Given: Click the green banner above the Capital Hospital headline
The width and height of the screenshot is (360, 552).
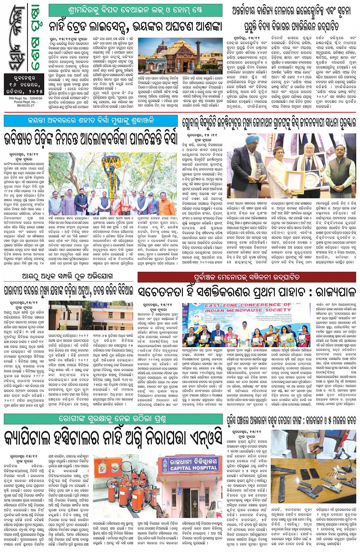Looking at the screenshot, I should tap(113, 419).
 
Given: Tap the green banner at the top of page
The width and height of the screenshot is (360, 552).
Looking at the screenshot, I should tap(135, 9).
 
